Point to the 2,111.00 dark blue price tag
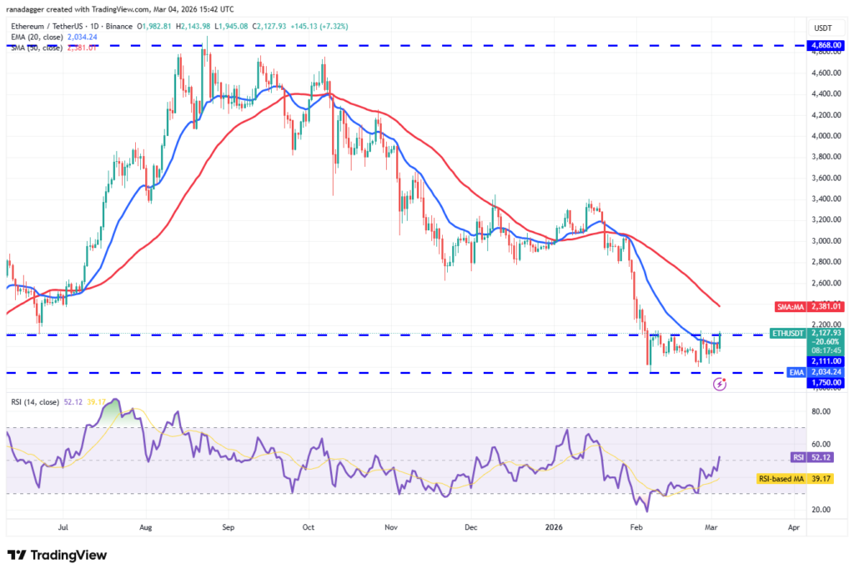(823, 361)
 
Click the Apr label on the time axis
(793, 528)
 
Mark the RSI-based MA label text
(780, 479)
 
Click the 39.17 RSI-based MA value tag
(823, 479)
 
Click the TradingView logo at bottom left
(57, 555)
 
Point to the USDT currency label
(822, 28)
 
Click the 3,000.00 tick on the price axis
(822, 241)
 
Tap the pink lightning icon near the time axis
(721, 384)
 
